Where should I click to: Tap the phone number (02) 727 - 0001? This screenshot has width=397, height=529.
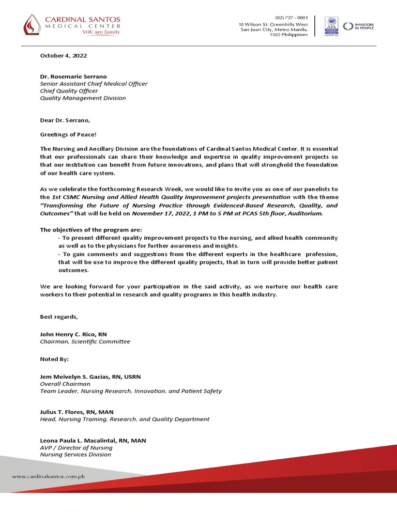point(291,17)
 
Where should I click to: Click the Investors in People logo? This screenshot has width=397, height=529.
point(359,25)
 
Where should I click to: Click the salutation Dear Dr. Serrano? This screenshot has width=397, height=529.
point(65,120)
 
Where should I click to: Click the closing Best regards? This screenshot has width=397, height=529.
point(59,316)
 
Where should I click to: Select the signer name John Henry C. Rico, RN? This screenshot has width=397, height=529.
point(73,334)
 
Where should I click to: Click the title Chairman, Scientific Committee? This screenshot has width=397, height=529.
point(85,341)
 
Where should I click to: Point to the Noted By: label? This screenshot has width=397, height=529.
point(54,359)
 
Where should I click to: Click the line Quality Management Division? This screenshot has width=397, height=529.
point(83,98)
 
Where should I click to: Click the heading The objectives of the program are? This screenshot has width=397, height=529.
point(90,230)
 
